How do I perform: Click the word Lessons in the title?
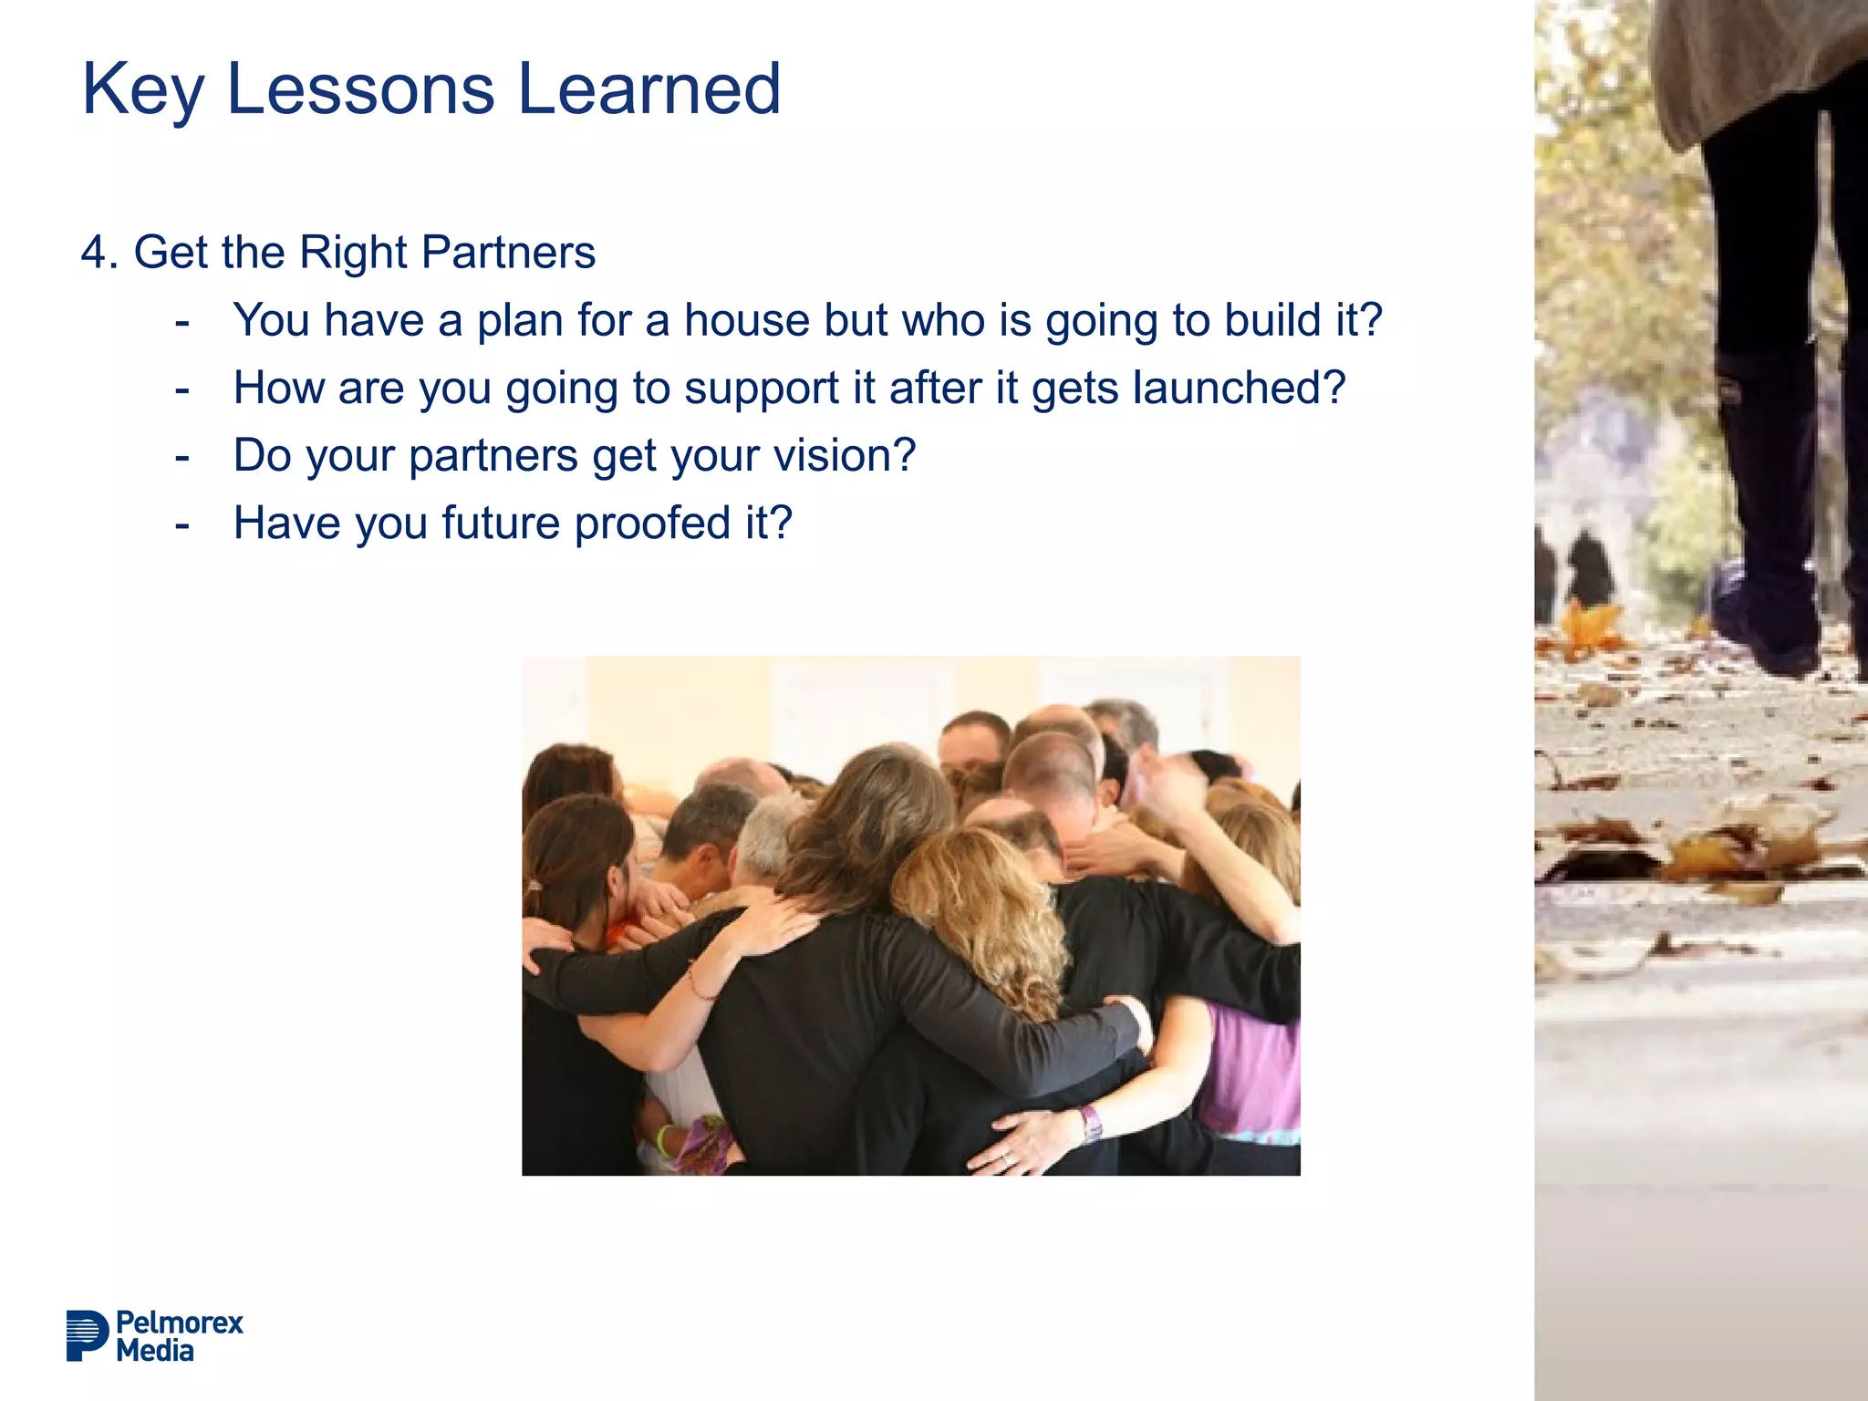(x=360, y=89)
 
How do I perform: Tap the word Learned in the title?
(x=649, y=89)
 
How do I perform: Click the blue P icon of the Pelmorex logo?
(x=87, y=1335)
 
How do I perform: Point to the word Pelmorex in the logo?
(x=180, y=1323)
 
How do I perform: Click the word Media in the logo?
(x=155, y=1351)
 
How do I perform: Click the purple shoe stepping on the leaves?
(x=1765, y=620)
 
